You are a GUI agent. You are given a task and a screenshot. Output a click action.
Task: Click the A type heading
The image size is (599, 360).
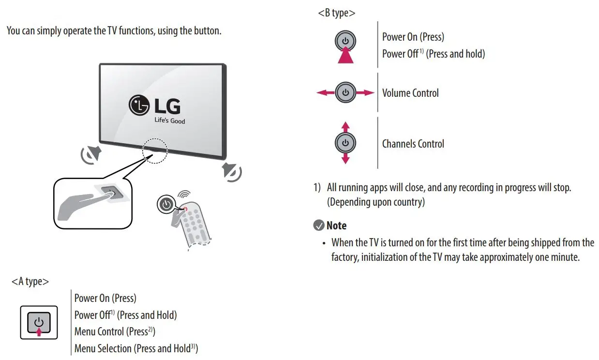point(30,281)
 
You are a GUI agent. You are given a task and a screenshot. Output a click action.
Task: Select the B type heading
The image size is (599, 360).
point(336,13)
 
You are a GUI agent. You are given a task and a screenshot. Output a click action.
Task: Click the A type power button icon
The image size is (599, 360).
point(39,322)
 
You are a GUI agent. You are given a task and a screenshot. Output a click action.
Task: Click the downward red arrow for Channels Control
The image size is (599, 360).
point(345,159)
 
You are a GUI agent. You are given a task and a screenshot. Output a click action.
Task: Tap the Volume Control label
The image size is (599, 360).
point(410,93)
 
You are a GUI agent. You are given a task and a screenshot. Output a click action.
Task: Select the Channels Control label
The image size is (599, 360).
point(413,144)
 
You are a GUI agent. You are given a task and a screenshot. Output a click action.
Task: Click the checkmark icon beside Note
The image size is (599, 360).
point(319,225)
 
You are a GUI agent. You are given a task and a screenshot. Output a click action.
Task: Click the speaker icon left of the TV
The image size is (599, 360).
point(90,154)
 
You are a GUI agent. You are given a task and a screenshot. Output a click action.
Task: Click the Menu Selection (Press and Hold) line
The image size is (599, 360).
point(136,348)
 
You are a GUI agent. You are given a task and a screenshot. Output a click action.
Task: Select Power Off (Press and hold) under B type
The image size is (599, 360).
point(433,54)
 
